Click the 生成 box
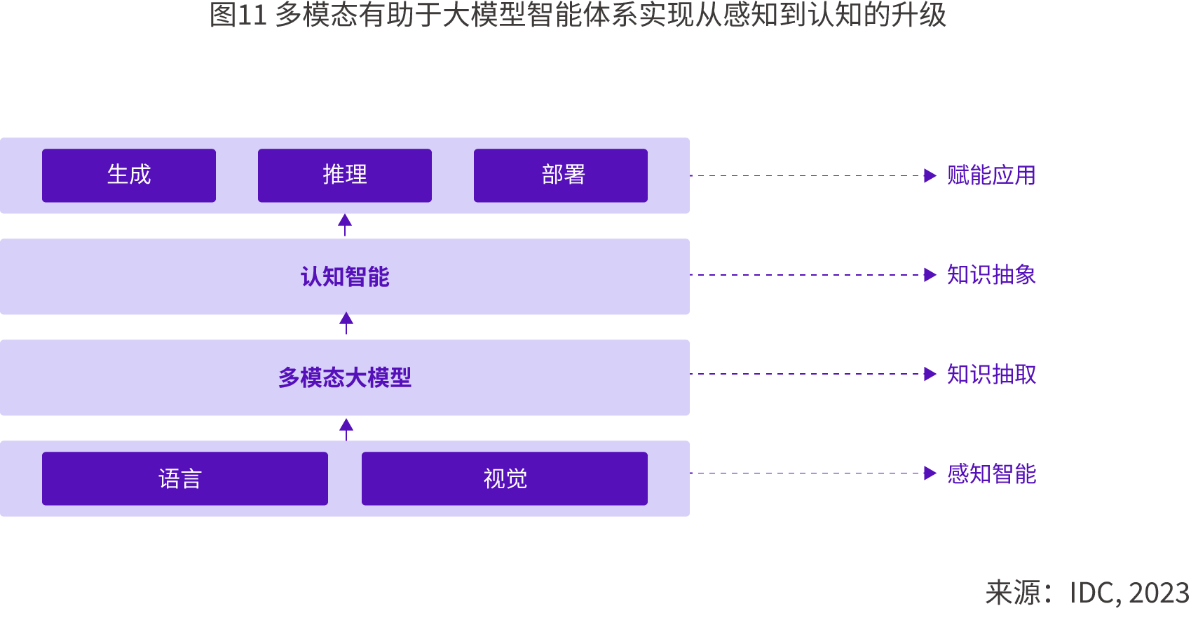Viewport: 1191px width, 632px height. click(x=129, y=175)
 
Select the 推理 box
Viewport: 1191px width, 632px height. click(x=345, y=175)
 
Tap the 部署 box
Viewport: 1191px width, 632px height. click(x=561, y=175)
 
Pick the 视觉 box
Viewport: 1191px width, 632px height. click(x=505, y=478)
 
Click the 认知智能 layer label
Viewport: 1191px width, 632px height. click(x=345, y=276)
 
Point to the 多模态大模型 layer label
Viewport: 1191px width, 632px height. click(x=345, y=377)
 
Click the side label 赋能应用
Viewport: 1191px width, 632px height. click(x=991, y=175)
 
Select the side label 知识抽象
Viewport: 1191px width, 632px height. click(x=991, y=275)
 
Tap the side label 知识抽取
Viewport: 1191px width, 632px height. click(x=991, y=375)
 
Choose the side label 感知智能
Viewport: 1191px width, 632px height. click(x=991, y=474)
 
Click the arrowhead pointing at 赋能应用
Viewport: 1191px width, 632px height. click(x=930, y=175)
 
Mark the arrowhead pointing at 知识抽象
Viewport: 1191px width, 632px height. click(x=930, y=275)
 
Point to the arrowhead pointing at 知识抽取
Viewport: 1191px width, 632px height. click(x=930, y=374)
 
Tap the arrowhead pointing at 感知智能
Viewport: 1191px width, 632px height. click(x=930, y=473)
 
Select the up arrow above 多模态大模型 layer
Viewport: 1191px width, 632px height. click(x=346, y=322)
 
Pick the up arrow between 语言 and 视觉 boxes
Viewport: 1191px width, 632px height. click(x=346, y=426)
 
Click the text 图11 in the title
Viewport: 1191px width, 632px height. click(x=238, y=15)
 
